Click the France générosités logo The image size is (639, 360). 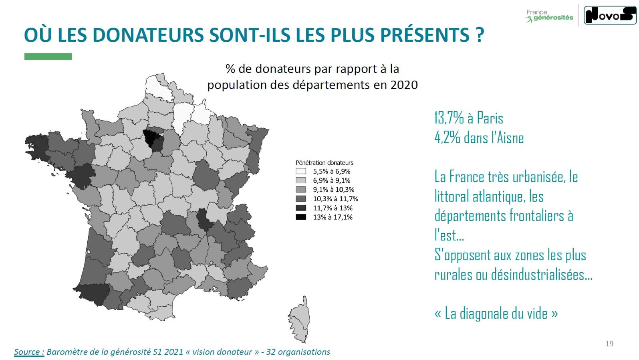(x=549, y=16)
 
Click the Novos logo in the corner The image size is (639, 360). (x=609, y=15)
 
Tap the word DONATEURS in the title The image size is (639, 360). (x=148, y=35)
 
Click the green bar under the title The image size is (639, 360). (x=48, y=57)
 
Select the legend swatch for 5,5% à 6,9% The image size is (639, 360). (x=301, y=171)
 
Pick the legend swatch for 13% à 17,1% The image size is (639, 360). (x=301, y=217)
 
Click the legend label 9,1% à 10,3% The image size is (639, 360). (x=333, y=190)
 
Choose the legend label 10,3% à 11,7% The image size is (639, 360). (x=335, y=199)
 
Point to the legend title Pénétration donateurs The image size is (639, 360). (x=325, y=163)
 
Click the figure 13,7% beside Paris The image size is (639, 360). (x=449, y=118)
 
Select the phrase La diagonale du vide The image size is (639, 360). (x=496, y=313)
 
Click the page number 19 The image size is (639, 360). (x=609, y=344)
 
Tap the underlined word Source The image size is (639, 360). (x=29, y=352)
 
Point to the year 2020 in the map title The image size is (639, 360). (x=404, y=85)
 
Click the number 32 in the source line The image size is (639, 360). (x=271, y=352)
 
